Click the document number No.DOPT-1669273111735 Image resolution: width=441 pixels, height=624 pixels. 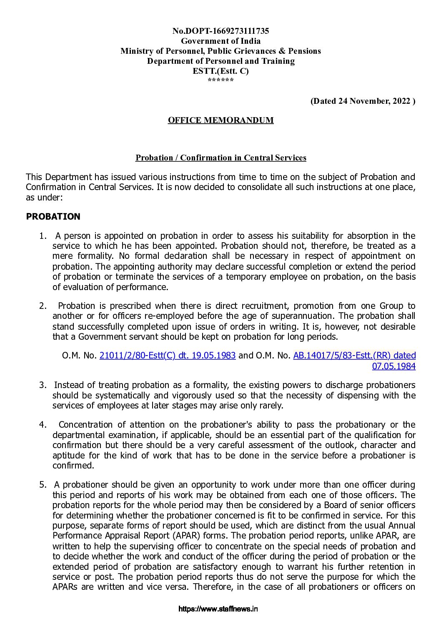click(220, 31)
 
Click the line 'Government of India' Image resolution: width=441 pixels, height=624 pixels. click(220, 41)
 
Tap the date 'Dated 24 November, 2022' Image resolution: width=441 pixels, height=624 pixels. click(363, 101)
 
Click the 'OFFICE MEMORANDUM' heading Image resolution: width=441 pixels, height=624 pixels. click(220, 120)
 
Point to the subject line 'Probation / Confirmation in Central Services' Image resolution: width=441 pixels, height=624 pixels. click(220, 158)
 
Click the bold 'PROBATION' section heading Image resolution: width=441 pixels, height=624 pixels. click(53, 217)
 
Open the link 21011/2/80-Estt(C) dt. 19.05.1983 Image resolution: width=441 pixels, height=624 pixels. click(168, 356)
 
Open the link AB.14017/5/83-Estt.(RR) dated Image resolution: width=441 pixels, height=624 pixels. click(354, 356)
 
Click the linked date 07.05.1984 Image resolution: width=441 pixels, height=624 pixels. click(393, 366)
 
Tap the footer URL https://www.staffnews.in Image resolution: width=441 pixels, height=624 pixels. click(218, 609)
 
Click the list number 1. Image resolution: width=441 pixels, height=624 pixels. click(43, 236)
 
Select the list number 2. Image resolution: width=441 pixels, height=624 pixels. click(43, 306)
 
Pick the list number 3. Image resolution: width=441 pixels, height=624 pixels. click(43, 385)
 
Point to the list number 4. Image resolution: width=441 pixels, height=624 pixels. click(43, 425)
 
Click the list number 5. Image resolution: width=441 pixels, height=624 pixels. click(43, 485)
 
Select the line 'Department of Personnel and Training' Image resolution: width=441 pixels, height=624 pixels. click(220, 61)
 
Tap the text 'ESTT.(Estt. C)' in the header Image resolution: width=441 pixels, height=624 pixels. click(220, 71)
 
